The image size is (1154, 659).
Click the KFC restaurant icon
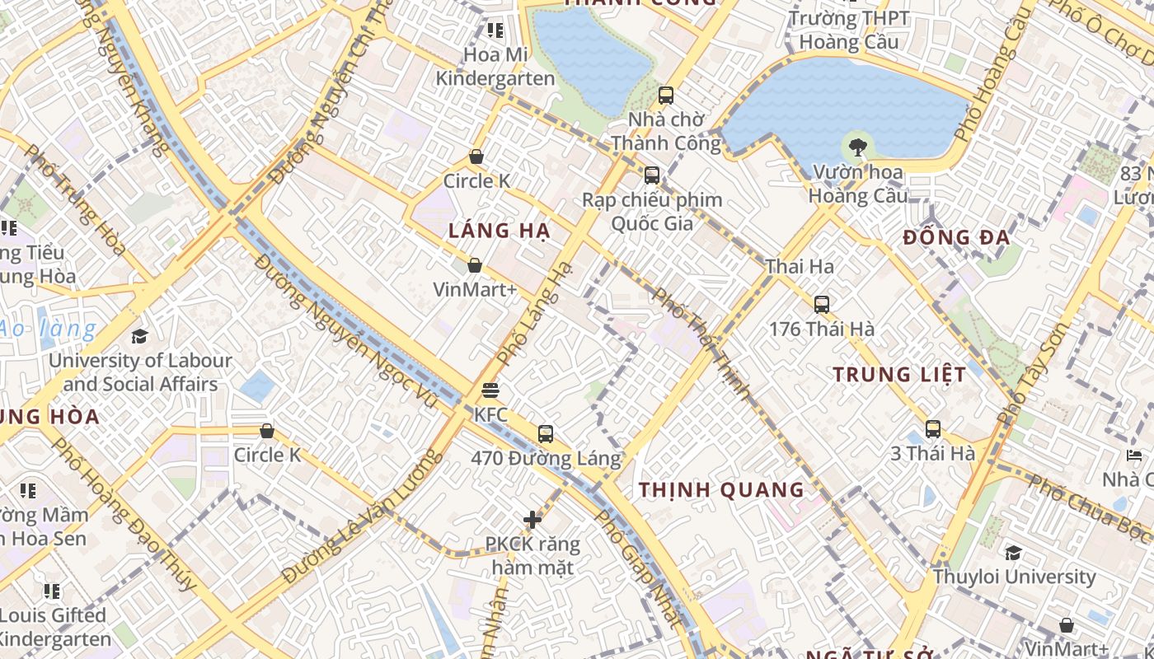[490, 390]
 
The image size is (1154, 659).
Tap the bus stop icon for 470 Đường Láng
[545, 433]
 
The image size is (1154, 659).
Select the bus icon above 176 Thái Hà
[821, 304]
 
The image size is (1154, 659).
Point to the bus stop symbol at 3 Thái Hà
[932, 428]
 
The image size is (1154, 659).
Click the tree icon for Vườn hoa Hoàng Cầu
[857, 148]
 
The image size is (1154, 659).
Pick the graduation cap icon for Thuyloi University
[1013, 552]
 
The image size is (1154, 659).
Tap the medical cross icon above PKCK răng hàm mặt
[532, 519]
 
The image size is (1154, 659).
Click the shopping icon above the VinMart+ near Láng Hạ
[475, 265]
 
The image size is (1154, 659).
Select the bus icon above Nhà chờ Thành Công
[665, 95]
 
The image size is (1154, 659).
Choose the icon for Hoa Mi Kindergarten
[495, 30]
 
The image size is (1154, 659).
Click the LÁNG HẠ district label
[499, 231]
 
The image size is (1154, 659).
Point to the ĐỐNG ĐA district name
[956, 238]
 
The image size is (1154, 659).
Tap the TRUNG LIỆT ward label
[898, 375]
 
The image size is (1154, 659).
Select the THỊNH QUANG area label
[721, 490]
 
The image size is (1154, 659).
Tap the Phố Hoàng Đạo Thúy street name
[124, 514]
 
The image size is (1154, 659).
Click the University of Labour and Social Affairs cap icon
[139, 336]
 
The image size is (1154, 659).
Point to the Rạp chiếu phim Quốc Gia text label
[652, 212]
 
